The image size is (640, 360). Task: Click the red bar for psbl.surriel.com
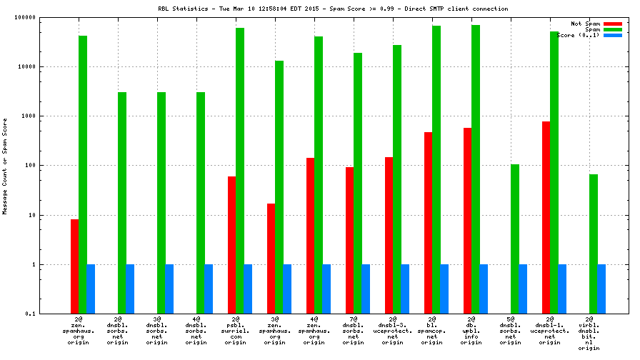(231, 245)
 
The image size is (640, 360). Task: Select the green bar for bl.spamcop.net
(436, 169)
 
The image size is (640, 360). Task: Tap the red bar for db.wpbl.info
(467, 221)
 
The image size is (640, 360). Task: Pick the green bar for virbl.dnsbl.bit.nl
(593, 244)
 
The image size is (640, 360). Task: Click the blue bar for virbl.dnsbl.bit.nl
(601, 289)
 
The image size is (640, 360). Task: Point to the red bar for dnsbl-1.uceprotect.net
(546, 217)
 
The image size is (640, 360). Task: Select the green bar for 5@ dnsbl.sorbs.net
(514, 239)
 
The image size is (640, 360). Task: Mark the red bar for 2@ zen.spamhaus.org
(74, 266)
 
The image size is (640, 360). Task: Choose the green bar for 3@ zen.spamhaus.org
(279, 187)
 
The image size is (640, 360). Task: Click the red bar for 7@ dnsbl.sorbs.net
(349, 240)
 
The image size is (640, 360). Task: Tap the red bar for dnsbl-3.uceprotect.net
(389, 235)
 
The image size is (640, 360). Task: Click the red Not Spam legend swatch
(613, 24)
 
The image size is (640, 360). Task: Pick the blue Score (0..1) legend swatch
(613, 35)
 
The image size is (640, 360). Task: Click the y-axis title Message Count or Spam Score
(5, 166)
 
